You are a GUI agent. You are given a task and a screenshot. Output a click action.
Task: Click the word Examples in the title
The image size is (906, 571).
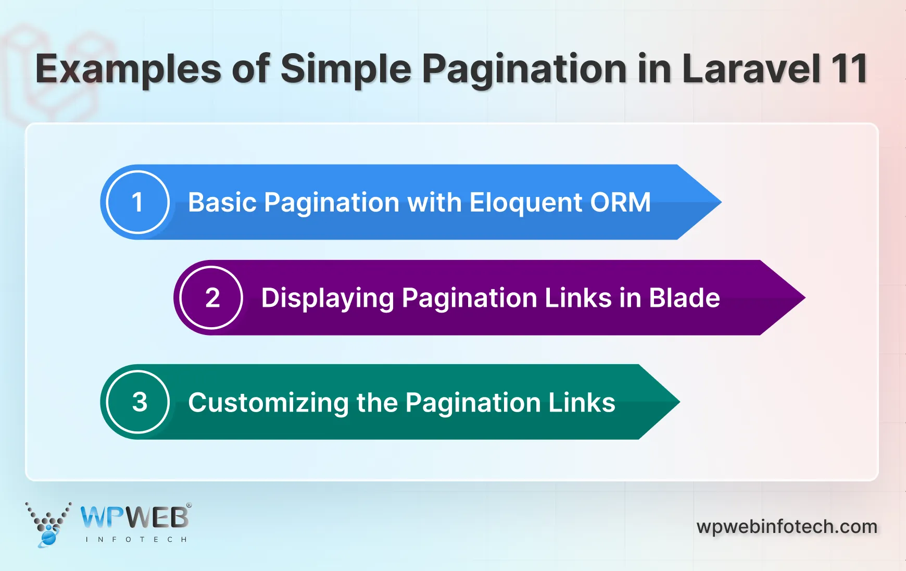[128, 70]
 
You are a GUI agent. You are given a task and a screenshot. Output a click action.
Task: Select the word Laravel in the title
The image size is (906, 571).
[751, 69]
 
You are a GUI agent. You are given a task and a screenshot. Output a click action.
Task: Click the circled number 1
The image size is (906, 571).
[137, 202]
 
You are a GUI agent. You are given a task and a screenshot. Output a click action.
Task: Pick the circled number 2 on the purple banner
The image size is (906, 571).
[211, 298]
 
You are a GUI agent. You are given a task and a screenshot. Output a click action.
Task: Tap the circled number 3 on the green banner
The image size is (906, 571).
[139, 402]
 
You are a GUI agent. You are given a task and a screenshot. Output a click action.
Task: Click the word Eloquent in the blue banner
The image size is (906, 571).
[526, 202]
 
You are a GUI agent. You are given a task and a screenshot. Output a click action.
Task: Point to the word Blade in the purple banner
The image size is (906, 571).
[684, 298]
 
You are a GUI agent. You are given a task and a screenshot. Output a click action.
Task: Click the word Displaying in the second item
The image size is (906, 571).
[328, 299]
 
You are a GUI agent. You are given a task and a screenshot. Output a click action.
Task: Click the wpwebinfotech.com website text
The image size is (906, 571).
[786, 527]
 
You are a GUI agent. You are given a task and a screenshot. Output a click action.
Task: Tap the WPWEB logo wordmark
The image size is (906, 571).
[135, 517]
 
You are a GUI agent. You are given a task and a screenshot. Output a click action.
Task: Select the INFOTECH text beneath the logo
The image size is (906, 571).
[136, 539]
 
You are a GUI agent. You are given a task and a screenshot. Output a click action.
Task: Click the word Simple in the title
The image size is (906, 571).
[346, 69]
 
